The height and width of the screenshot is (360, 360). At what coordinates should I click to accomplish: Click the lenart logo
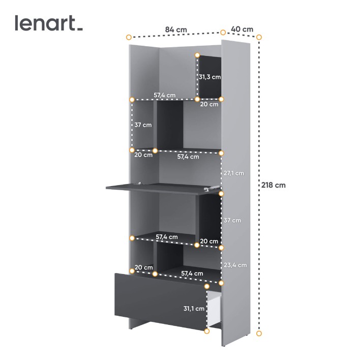click(x=49, y=23)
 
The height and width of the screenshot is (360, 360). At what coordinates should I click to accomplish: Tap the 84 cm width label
click(x=176, y=29)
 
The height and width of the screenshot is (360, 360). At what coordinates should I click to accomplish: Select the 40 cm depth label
click(x=242, y=29)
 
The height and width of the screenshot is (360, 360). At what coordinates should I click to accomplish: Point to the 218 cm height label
click(x=273, y=185)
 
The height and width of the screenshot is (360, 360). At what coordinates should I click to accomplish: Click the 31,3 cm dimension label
click(x=209, y=77)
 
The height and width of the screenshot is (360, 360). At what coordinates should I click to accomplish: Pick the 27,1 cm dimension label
click(x=234, y=173)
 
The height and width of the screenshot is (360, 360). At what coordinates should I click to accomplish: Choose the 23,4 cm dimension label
click(x=235, y=265)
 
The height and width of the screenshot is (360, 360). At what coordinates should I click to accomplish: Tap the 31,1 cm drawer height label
click(x=194, y=309)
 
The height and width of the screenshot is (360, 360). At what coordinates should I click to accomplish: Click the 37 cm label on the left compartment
click(x=143, y=125)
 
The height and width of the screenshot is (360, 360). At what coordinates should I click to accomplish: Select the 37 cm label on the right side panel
click(x=232, y=220)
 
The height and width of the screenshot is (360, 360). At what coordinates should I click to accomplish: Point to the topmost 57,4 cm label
click(x=164, y=95)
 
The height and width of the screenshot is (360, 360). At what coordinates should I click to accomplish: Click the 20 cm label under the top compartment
click(x=209, y=104)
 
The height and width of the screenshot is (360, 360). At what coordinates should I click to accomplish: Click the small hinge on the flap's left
click(x=139, y=183)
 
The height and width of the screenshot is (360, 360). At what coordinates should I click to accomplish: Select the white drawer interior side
click(x=215, y=307)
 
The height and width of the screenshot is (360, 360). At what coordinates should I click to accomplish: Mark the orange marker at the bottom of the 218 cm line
click(x=259, y=334)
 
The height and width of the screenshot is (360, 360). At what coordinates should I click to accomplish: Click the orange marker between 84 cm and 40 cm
click(x=223, y=33)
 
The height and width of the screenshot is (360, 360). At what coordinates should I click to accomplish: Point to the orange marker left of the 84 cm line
click(x=129, y=37)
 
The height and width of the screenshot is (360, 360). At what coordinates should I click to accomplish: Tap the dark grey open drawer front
click(x=161, y=302)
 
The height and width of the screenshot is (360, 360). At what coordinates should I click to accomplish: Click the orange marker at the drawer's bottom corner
click(x=207, y=331)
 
